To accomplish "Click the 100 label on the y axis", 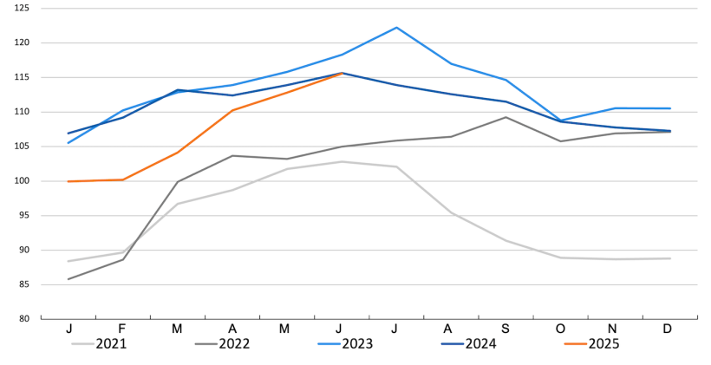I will (x=22, y=181).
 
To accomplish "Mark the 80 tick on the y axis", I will (x=23, y=319).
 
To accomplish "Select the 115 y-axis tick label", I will (x=22, y=77).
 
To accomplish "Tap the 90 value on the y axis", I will (x=23, y=250).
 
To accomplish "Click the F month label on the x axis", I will (x=122, y=329).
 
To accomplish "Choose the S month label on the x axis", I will (x=506, y=329).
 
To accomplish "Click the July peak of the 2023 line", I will (x=396, y=27).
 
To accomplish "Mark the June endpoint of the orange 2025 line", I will (x=342, y=74).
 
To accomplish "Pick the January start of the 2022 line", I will (x=68, y=279).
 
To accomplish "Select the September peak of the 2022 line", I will (x=506, y=117).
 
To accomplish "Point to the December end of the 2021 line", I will (x=670, y=258).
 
